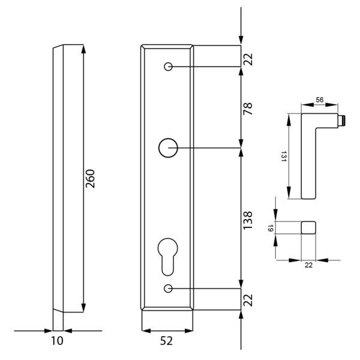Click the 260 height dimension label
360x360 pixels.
point(91,179)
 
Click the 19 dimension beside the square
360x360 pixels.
point(271,228)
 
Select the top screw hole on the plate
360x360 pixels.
point(168,67)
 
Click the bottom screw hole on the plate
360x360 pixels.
point(168,289)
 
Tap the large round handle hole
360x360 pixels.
point(168,146)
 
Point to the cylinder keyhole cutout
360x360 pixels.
point(168,253)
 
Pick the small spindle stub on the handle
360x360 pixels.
point(342,120)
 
